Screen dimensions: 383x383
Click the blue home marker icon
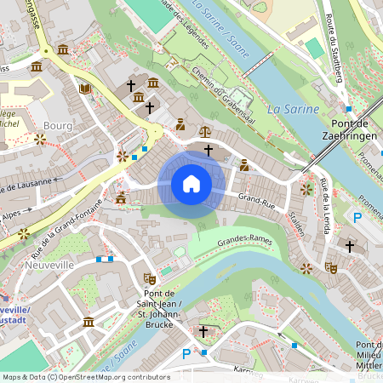click(191, 184)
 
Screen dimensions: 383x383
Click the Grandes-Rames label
click(246, 241)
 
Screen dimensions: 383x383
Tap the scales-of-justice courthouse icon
click(204, 132)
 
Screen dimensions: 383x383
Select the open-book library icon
click(84, 88)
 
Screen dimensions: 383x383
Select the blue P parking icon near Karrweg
click(186, 353)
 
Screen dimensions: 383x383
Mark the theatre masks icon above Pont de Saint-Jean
click(151, 277)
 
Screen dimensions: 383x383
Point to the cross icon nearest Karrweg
click(203, 329)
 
